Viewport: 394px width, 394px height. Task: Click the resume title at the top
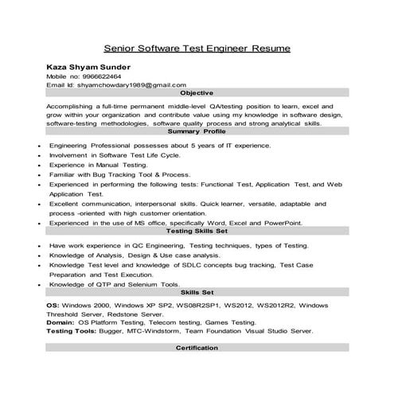click(197, 49)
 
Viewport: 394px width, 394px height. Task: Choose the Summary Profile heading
click(197, 131)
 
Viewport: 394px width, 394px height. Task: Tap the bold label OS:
click(53, 305)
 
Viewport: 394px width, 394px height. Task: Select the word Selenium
click(138, 284)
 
